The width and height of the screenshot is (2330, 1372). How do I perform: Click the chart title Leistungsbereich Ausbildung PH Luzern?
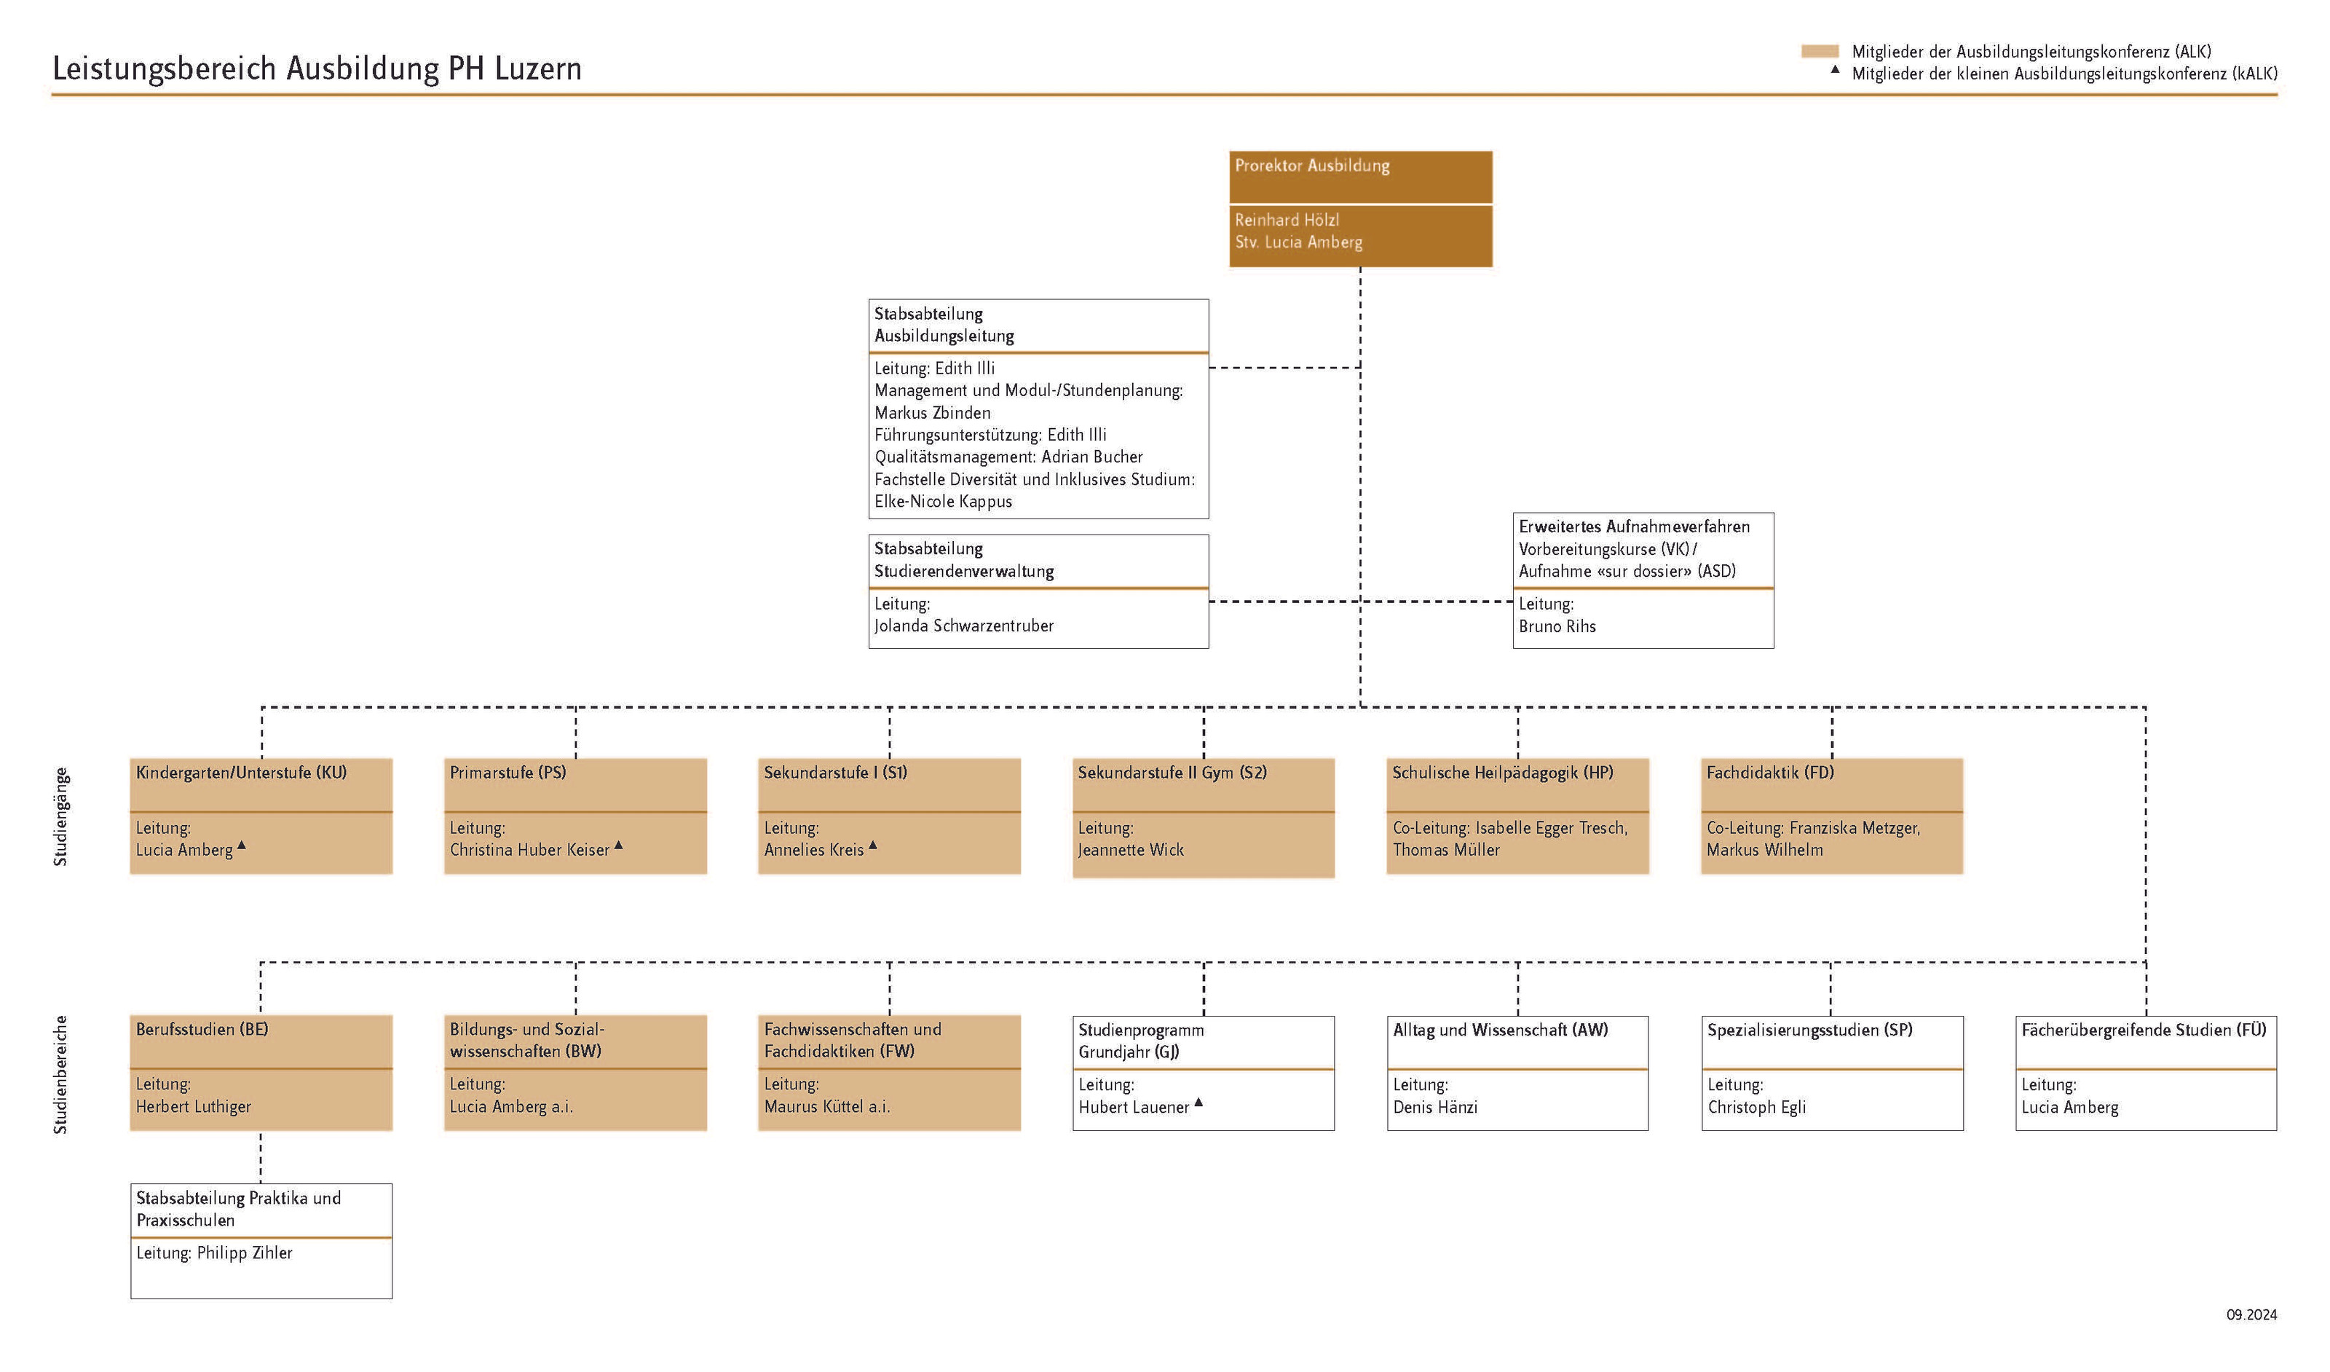pyautogui.click(x=317, y=69)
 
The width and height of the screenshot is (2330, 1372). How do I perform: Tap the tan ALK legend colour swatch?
pyautogui.click(x=1820, y=52)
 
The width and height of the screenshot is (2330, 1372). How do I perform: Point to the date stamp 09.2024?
pyautogui.click(x=2251, y=1314)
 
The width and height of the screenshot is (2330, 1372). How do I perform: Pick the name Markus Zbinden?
pyautogui.click(x=932, y=413)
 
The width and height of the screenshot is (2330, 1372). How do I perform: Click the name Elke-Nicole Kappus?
pyautogui.click(x=943, y=502)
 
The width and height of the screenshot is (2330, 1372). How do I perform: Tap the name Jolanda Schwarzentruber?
pyautogui.click(x=963, y=626)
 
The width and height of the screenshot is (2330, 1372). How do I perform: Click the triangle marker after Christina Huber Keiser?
pyautogui.click(x=619, y=845)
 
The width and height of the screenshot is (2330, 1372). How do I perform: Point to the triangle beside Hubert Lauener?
pyautogui.click(x=1198, y=1102)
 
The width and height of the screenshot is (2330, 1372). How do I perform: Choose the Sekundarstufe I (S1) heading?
pyautogui.click(x=836, y=773)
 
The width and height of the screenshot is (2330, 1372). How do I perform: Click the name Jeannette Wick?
pyautogui.click(x=1131, y=850)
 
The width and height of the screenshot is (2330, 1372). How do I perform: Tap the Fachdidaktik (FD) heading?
pyautogui.click(x=1769, y=773)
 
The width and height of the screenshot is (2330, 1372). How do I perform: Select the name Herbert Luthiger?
pyautogui.click(x=193, y=1107)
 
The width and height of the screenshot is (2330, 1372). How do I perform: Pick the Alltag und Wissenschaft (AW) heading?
pyautogui.click(x=1500, y=1030)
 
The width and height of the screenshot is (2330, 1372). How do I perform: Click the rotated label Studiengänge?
pyautogui.click(x=61, y=816)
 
